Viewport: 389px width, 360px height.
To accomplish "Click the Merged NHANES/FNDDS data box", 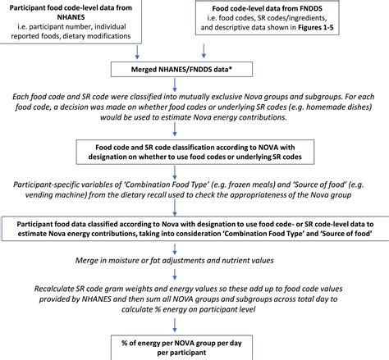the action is pos(181,69).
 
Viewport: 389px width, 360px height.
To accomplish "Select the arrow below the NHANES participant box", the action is pos(137,52).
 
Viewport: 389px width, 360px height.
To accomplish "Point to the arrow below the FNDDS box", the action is pos(204,51).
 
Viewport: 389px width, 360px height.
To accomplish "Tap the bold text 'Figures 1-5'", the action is pos(316,27).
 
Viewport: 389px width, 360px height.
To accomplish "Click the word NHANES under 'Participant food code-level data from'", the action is pos(71,17).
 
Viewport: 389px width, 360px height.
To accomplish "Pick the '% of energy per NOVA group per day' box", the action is pos(181,348).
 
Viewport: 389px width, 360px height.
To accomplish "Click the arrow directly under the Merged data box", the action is pos(175,85).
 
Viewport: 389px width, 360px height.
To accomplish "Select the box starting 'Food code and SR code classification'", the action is pos(195,152).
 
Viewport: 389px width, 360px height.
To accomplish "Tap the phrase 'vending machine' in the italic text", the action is pos(56,195).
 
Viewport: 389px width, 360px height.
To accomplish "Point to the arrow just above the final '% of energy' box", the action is pos(175,325).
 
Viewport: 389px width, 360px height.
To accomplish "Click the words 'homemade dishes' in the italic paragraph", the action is pos(338,107).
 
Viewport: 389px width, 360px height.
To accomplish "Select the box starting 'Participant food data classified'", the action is pos(195,229).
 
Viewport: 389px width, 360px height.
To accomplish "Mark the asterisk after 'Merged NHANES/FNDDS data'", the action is pos(230,68).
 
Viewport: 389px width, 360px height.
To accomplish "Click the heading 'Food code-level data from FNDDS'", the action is pos(268,8).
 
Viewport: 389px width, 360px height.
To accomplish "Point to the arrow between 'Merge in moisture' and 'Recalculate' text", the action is pos(175,275).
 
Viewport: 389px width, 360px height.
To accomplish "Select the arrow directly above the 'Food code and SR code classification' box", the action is pos(175,129).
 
